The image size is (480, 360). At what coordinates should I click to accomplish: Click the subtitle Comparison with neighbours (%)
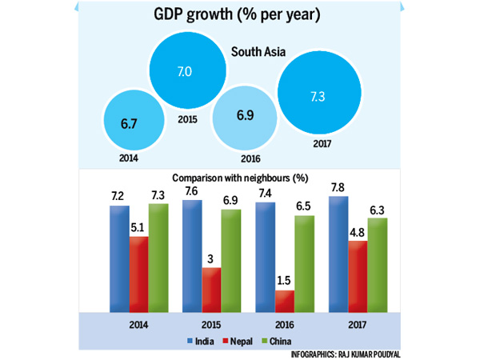tap(239, 178)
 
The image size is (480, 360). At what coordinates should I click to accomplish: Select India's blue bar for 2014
tap(119, 257)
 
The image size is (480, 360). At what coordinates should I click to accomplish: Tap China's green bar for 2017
tap(377, 263)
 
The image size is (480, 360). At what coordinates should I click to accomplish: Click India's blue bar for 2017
tap(338, 252)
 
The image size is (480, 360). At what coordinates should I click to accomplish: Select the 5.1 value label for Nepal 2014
tap(138, 226)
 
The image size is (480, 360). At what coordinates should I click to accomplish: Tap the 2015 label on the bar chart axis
tap(210, 326)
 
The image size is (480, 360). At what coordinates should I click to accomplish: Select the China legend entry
tap(290, 341)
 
